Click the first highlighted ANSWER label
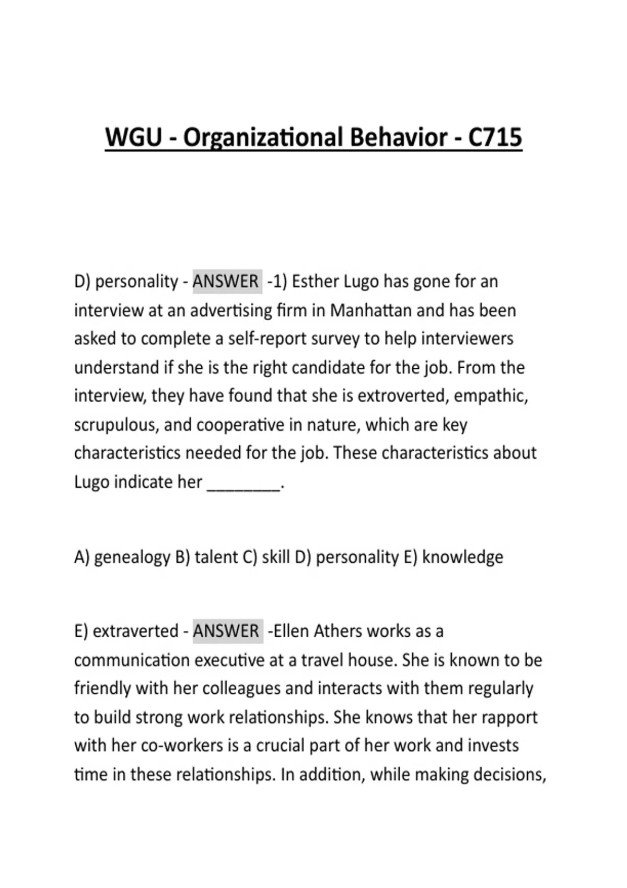tap(226, 282)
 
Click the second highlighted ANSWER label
tap(226, 631)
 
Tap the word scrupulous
tap(117, 425)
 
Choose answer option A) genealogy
tap(122, 557)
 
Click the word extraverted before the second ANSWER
tap(135, 631)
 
